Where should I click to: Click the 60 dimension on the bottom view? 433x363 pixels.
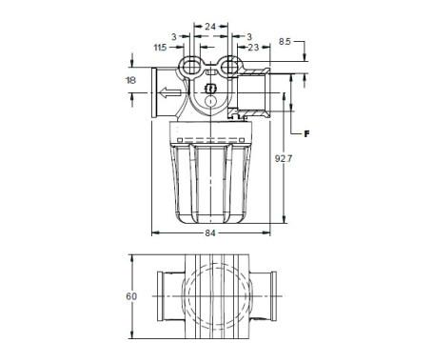pos(131,296)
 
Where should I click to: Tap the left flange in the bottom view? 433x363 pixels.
pos(162,296)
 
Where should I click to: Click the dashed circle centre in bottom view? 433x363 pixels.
pos(216,297)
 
